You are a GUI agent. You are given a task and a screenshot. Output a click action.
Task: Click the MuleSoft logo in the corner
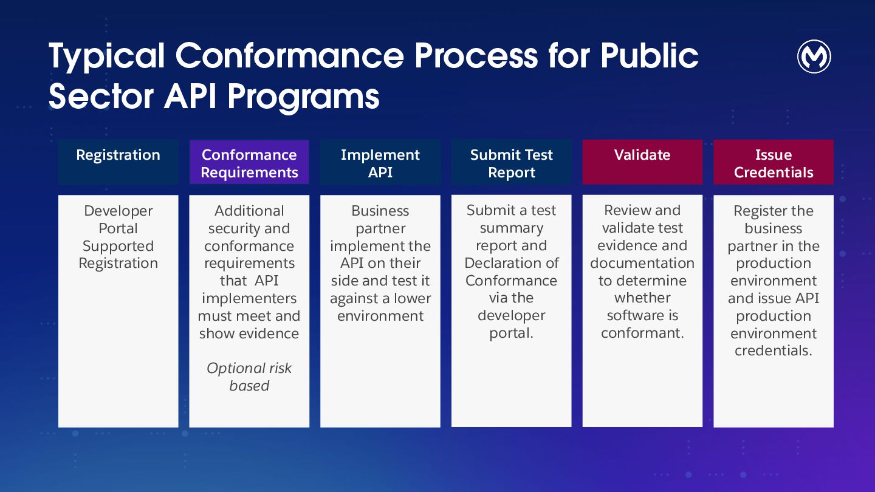pyautogui.click(x=814, y=57)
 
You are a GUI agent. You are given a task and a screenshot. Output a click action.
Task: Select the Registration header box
pyautogui.click(x=118, y=162)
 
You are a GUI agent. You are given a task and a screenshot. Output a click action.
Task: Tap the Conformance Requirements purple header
pyautogui.click(x=249, y=162)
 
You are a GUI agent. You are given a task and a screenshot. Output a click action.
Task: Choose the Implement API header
pyautogui.click(x=380, y=162)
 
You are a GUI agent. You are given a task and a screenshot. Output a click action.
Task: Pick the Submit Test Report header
pyautogui.click(x=511, y=162)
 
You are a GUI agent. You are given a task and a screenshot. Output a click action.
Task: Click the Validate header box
pyautogui.click(x=642, y=162)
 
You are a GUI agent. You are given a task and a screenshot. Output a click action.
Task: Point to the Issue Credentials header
pyautogui.click(x=774, y=162)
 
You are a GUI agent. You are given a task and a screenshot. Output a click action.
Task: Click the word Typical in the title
pyautogui.click(x=106, y=56)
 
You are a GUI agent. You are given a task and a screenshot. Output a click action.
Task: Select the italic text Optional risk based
pyautogui.click(x=249, y=377)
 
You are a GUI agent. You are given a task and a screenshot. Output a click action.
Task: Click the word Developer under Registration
pyautogui.click(x=118, y=211)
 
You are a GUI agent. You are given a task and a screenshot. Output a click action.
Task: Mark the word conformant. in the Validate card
pyautogui.click(x=642, y=333)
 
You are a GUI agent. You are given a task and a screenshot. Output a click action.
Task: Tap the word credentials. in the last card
pyautogui.click(x=774, y=350)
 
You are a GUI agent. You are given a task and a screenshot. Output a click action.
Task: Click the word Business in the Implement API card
pyautogui.click(x=380, y=211)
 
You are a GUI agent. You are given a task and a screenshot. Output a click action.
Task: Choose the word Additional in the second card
pyautogui.click(x=249, y=211)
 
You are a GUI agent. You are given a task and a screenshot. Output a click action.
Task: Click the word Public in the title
pyautogui.click(x=650, y=56)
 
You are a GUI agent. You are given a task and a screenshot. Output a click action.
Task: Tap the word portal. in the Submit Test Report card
pyautogui.click(x=511, y=333)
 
